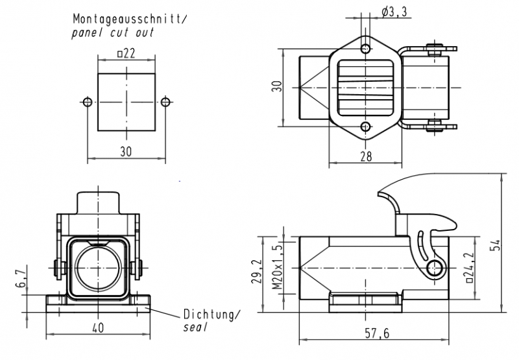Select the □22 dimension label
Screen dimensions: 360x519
126,54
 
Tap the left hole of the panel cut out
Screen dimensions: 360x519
88,102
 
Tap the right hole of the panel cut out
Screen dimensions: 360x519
165,102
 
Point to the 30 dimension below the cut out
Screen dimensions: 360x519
126,151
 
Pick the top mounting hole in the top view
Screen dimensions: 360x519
366,49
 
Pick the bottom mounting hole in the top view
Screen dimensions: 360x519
366,127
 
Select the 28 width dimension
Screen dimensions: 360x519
366,156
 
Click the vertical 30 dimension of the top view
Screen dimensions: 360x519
276,88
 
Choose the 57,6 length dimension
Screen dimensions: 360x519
376,333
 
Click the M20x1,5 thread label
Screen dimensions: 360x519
277,267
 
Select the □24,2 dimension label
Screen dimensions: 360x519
466,267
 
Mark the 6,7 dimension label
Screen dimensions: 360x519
20,279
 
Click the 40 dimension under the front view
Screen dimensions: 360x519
98,328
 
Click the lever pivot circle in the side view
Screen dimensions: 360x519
436,267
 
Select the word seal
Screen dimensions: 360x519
195,328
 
